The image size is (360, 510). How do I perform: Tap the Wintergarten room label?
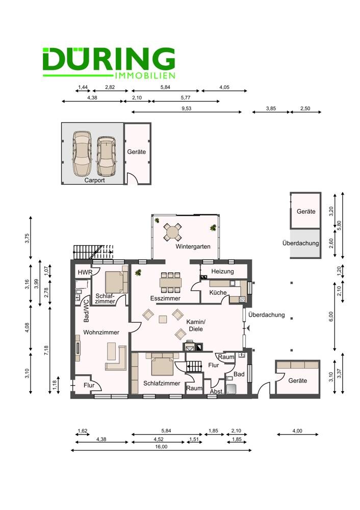(193, 246)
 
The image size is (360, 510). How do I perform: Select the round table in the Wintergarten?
(172, 232)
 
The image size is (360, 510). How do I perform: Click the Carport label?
(95, 180)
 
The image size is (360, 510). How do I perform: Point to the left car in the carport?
(82, 154)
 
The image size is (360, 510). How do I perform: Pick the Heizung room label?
(222, 271)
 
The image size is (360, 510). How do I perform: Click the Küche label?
(218, 292)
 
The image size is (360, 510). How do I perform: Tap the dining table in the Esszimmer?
(170, 283)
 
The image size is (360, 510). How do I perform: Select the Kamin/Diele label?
(195, 325)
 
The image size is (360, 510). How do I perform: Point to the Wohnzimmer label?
(101, 333)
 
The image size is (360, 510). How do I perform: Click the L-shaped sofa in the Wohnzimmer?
(116, 358)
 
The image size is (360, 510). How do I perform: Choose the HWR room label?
(85, 272)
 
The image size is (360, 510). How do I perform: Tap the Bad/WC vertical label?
(86, 311)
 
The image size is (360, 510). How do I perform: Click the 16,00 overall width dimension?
(161, 447)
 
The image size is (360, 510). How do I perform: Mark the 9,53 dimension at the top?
(186, 109)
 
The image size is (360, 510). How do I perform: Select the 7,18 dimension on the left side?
(46, 350)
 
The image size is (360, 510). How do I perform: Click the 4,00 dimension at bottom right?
(297, 431)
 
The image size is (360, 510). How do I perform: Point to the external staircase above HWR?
(94, 252)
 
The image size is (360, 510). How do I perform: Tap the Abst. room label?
(217, 392)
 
